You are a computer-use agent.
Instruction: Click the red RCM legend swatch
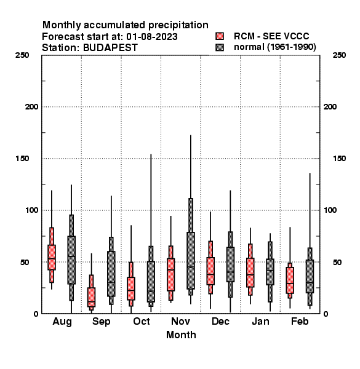click(220, 36)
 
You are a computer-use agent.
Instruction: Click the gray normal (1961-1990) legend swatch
click(220, 47)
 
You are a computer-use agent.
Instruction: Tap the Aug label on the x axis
click(62, 322)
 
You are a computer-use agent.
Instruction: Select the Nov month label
click(180, 321)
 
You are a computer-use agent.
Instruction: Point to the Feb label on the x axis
click(300, 321)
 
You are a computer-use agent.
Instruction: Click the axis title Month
click(181, 335)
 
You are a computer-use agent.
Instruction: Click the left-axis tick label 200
click(32, 107)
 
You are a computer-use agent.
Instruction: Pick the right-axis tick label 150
click(339, 159)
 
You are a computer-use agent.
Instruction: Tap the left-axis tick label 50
click(25, 262)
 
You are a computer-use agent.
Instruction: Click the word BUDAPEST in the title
click(110, 48)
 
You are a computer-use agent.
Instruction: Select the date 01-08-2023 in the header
click(152, 37)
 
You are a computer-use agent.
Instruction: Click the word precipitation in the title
click(178, 25)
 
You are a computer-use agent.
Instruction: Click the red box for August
click(52, 257)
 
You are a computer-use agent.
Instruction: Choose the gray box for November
click(191, 261)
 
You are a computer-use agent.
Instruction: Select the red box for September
click(91, 297)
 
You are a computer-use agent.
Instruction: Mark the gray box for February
click(310, 277)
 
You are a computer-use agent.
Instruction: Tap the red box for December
click(210, 271)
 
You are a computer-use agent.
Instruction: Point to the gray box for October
click(151, 282)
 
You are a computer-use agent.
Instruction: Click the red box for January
click(250, 272)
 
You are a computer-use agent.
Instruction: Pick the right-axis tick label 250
click(339, 55)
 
